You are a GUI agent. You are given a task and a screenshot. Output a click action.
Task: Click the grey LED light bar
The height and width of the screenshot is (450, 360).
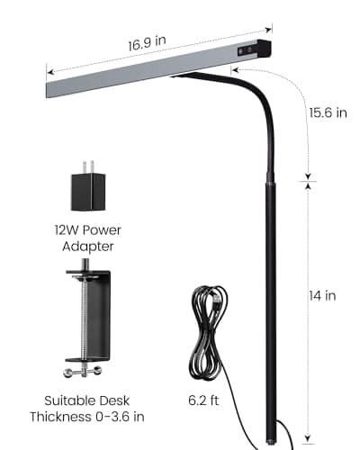[144, 72]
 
